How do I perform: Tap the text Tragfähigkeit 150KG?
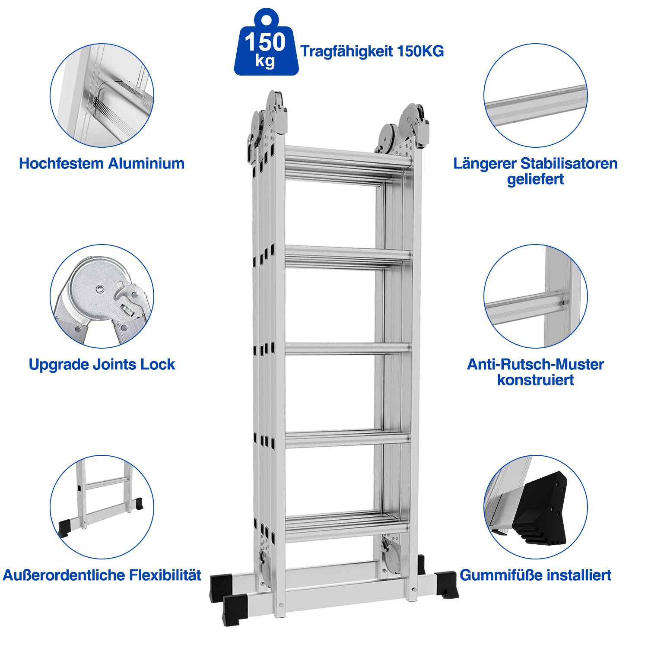point(372,51)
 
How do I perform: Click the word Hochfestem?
point(61,163)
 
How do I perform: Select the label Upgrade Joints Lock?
point(102,364)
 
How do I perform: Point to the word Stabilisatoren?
point(569,163)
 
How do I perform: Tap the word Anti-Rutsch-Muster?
point(535,364)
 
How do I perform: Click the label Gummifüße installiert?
point(535,575)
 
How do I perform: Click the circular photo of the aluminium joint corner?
point(102,95)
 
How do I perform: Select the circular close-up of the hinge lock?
point(102,296)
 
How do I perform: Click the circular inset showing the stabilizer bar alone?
point(535,95)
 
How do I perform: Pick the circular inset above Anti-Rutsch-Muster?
point(535,296)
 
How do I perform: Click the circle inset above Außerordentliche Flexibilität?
point(102,506)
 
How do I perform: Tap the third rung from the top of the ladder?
point(348,348)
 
